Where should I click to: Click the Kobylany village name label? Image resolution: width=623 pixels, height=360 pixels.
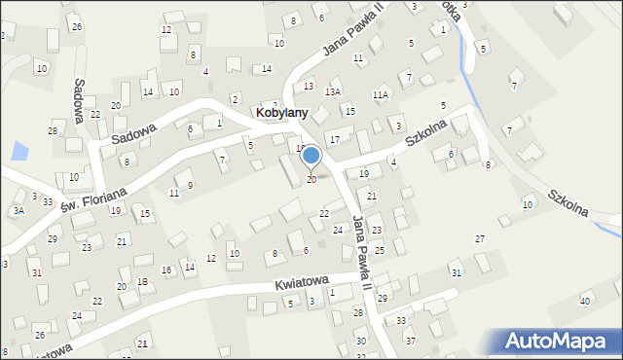[282, 113]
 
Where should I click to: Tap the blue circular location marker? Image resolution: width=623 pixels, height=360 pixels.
[311, 155]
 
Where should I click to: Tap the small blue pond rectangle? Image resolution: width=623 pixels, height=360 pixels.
[18, 151]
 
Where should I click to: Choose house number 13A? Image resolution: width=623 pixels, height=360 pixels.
[333, 91]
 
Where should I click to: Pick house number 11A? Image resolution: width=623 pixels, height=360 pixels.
[380, 94]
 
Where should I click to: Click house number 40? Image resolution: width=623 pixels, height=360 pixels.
[585, 301]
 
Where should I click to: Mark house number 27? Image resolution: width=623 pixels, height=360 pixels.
[479, 239]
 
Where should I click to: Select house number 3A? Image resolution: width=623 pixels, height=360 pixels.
[18, 210]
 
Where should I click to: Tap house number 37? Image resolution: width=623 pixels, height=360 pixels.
[410, 341]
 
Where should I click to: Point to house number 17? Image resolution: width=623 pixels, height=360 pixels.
[334, 140]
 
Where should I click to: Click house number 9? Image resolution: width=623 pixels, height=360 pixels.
[190, 185]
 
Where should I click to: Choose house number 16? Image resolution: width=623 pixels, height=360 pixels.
[165, 270]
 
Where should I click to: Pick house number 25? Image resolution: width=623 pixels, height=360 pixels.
[380, 251]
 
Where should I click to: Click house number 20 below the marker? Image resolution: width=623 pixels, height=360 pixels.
[311, 180]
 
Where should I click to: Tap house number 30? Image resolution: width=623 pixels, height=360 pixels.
[360, 342]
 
